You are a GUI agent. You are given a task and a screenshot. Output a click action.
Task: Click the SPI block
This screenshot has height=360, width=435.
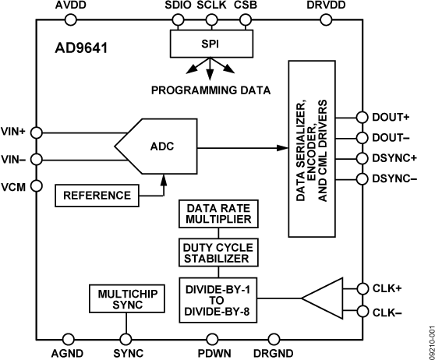tap(208, 44)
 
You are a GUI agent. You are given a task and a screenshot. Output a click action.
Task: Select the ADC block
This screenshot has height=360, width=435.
tap(161, 146)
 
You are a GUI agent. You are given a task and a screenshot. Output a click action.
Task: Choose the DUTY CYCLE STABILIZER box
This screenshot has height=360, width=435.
tap(217, 252)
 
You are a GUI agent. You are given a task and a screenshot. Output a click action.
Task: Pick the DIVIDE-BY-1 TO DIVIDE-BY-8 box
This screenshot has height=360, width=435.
tap(217, 296)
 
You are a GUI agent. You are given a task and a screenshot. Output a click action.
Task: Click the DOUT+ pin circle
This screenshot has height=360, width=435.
tap(360, 118)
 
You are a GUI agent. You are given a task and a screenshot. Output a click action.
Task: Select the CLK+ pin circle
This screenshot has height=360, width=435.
tap(360, 287)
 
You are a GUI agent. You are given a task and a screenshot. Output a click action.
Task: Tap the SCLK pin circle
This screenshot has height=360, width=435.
tap(208, 21)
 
